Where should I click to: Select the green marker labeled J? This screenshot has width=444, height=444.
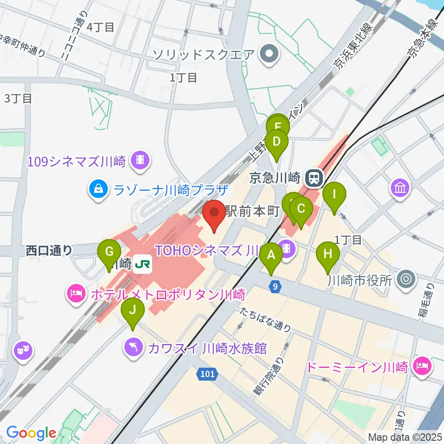coord(133,310)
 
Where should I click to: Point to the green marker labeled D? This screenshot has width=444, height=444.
coord(277,142)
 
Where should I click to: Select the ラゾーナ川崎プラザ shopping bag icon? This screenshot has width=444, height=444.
coord(99,189)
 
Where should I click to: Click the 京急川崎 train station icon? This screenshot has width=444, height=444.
coord(315,177)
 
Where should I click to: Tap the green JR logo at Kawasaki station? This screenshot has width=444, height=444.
coord(141,265)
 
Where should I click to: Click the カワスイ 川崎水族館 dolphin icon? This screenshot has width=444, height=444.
coord(133,348)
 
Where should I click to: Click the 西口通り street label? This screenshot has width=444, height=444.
coord(49,250)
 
